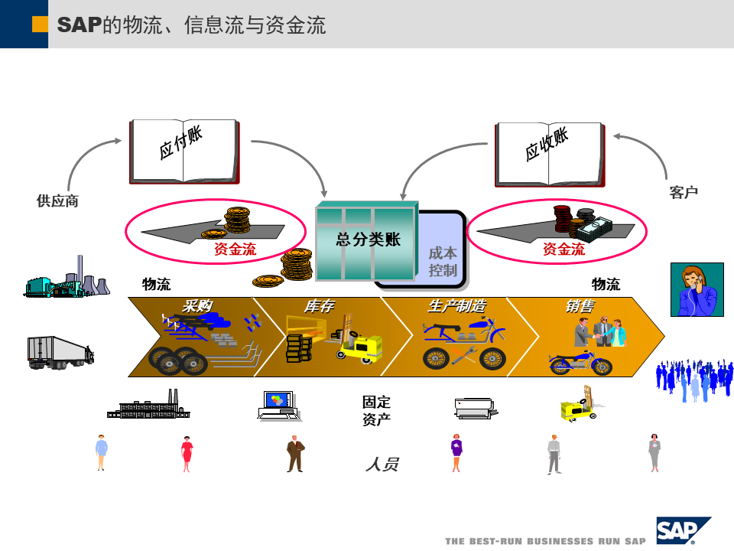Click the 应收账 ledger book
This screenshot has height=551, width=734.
pos(549,153)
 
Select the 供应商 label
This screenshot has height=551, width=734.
pos(57,201)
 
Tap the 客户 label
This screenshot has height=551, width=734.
pos(684,193)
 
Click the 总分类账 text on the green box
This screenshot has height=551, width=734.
pos(368,239)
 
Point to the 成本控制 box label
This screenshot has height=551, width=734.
pos(443,261)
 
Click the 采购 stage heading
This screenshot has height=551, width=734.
pos(196,306)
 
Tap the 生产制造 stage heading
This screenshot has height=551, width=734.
pos(456,306)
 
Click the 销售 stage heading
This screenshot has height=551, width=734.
pos(580,306)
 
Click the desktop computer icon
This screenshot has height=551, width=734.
pos(278,406)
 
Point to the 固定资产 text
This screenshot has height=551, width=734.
pos(376,410)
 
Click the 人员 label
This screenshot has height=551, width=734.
pos(382,464)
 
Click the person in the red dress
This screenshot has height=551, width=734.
pos(187,453)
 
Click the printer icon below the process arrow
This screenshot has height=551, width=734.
pos(476,409)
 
